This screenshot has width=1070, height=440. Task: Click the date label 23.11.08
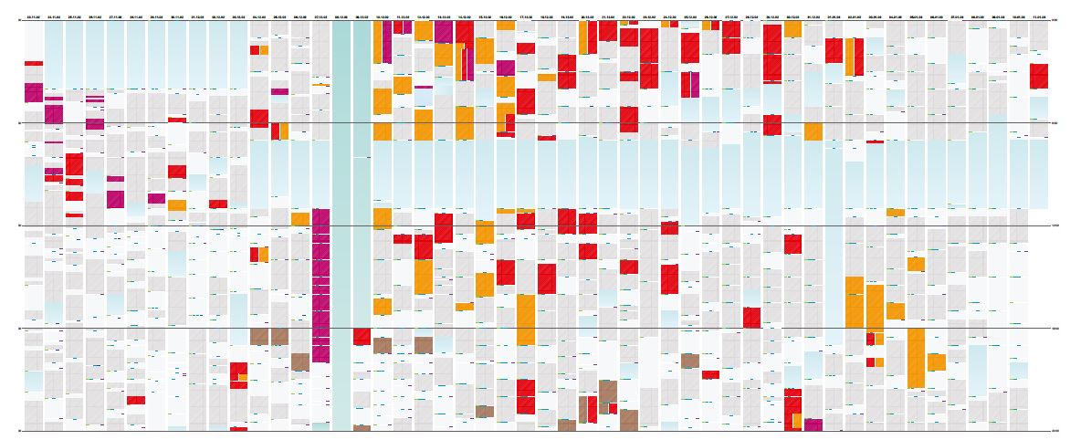pyautogui.click(x=34, y=16)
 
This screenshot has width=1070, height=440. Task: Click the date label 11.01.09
pyautogui.click(x=1039, y=16)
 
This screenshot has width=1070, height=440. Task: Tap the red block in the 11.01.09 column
pyautogui.click(x=1039, y=76)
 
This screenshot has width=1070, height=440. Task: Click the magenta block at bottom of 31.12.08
pyautogui.click(x=813, y=424)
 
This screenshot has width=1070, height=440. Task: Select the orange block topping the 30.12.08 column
pyautogui.click(x=792, y=29)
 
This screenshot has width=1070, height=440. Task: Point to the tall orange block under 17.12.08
pyautogui.click(x=526, y=320)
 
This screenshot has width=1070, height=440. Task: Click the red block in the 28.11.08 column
pyautogui.click(x=136, y=400)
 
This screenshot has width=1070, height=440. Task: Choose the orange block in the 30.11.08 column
pyautogui.click(x=177, y=205)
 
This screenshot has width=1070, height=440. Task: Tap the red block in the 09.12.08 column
pyautogui.click(x=362, y=337)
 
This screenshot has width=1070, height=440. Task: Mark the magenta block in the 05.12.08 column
pyautogui.click(x=279, y=91)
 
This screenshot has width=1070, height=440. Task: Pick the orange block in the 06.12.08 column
pyautogui.click(x=299, y=219)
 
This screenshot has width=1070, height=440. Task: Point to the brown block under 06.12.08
pyautogui.click(x=299, y=361)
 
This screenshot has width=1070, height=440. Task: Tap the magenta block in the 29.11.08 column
pyautogui.click(x=156, y=198)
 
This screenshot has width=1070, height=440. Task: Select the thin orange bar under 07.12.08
pyautogui.click(x=320, y=85)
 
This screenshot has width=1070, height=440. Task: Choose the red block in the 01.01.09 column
pyautogui.click(x=834, y=50)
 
